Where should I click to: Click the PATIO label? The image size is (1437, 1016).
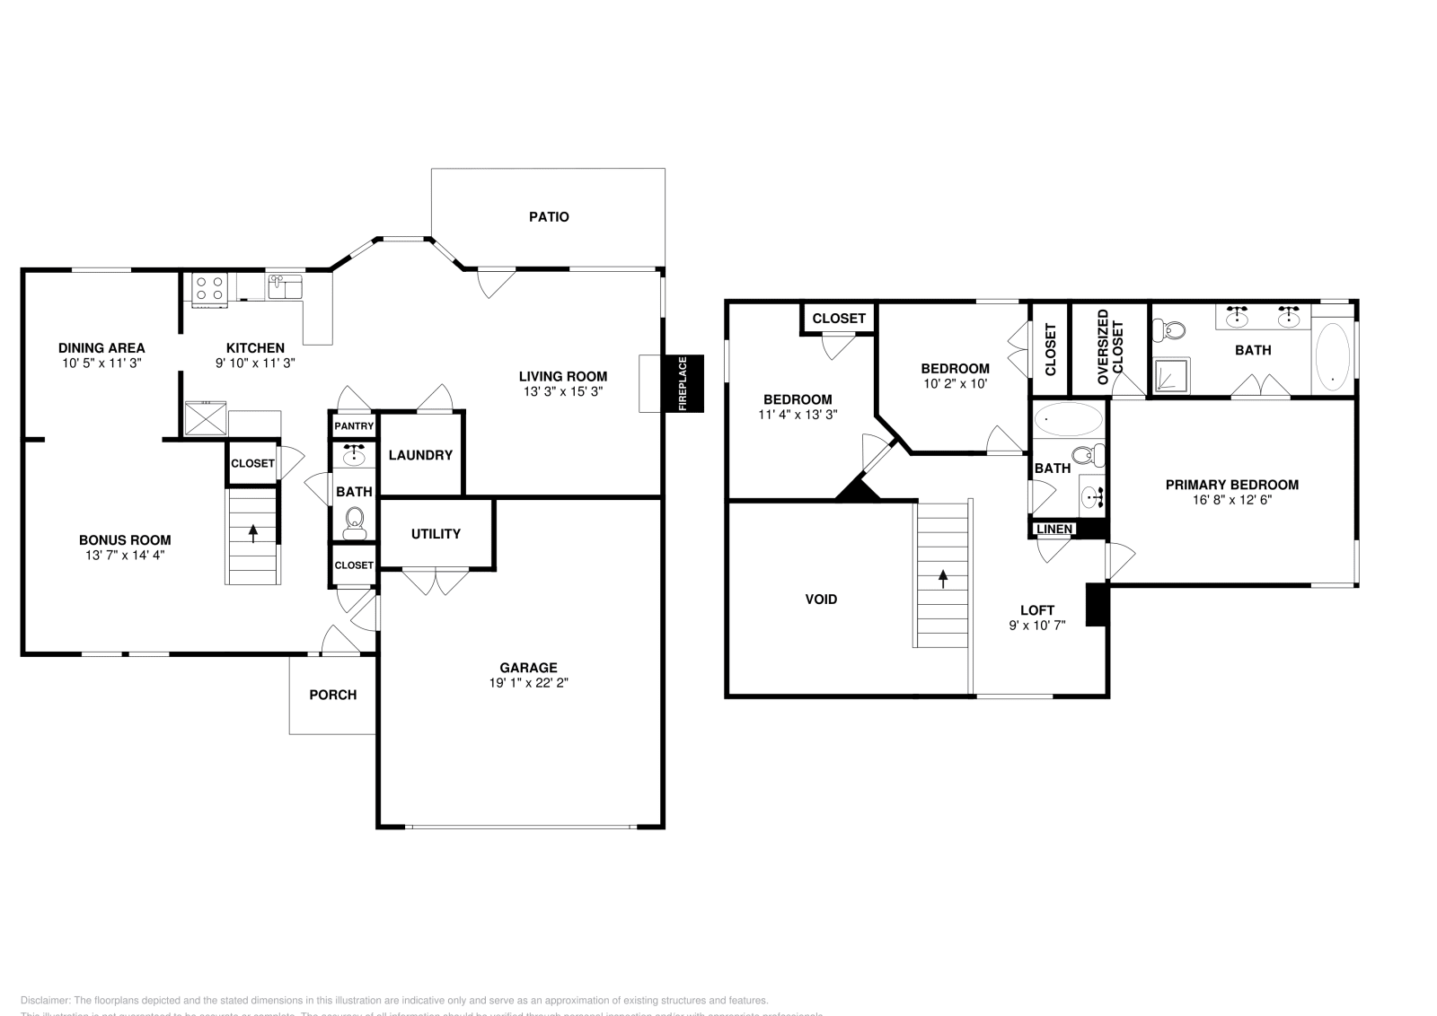[x=548, y=216]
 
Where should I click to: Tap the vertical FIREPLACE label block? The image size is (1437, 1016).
[x=683, y=384]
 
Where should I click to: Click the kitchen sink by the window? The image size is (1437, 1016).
[x=285, y=287]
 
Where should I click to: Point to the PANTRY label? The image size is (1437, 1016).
[x=354, y=426]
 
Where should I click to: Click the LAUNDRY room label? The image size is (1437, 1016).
[x=420, y=455]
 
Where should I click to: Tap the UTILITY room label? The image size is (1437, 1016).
[x=436, y=534]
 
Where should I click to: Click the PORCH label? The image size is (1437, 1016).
[x=332, y=695]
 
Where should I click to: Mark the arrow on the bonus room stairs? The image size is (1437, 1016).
[x=252, y=533]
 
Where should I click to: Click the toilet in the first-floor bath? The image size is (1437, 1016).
[x=355, y=520]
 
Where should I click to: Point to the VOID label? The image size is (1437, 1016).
[x=821, y=599]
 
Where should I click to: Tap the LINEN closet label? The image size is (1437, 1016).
[x=1054, y=530]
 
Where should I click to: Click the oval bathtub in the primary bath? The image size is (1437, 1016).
[x=1332, y=355]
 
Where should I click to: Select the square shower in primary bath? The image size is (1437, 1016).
[x=1170, y=375]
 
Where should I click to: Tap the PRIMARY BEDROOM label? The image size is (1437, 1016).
[x=1231, y=485]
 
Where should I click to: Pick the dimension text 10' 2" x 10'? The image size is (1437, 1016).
[x=955, y=383]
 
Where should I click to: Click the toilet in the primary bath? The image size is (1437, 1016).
[x=1171, y=331]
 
